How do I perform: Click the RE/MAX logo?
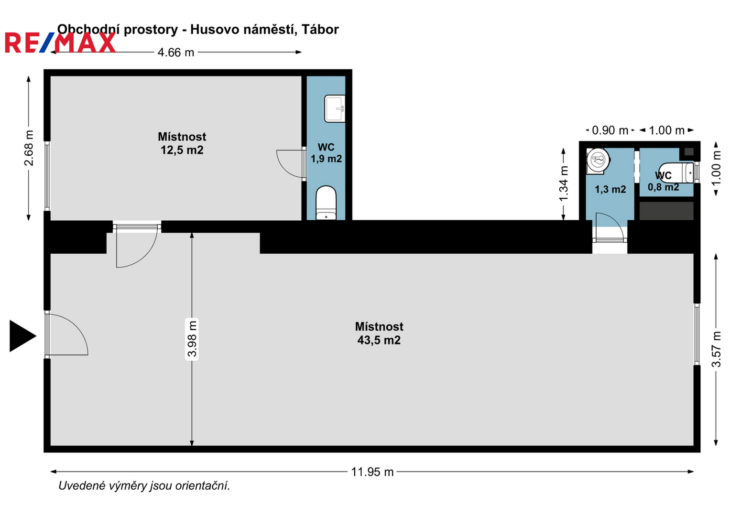point(60,43)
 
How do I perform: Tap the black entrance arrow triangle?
point(22,336)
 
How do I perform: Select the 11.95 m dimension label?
point(372,472)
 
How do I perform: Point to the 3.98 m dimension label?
point(192,339)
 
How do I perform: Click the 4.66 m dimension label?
point(175,52)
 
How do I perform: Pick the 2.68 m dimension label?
point(29,148)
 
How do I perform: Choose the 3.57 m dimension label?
point(716,349)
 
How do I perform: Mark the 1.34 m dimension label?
point(564,184)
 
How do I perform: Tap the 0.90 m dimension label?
point(610,130)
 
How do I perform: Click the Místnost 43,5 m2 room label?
point(379,333)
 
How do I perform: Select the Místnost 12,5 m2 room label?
point(182,143)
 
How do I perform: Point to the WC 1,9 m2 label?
point(326,153)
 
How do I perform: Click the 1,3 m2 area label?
point(610,189)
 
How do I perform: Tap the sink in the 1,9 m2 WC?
point(335,108)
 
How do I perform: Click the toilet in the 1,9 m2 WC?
point(326,203)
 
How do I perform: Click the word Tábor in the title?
point(320,29)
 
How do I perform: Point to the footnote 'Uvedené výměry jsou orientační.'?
point(144,486)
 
